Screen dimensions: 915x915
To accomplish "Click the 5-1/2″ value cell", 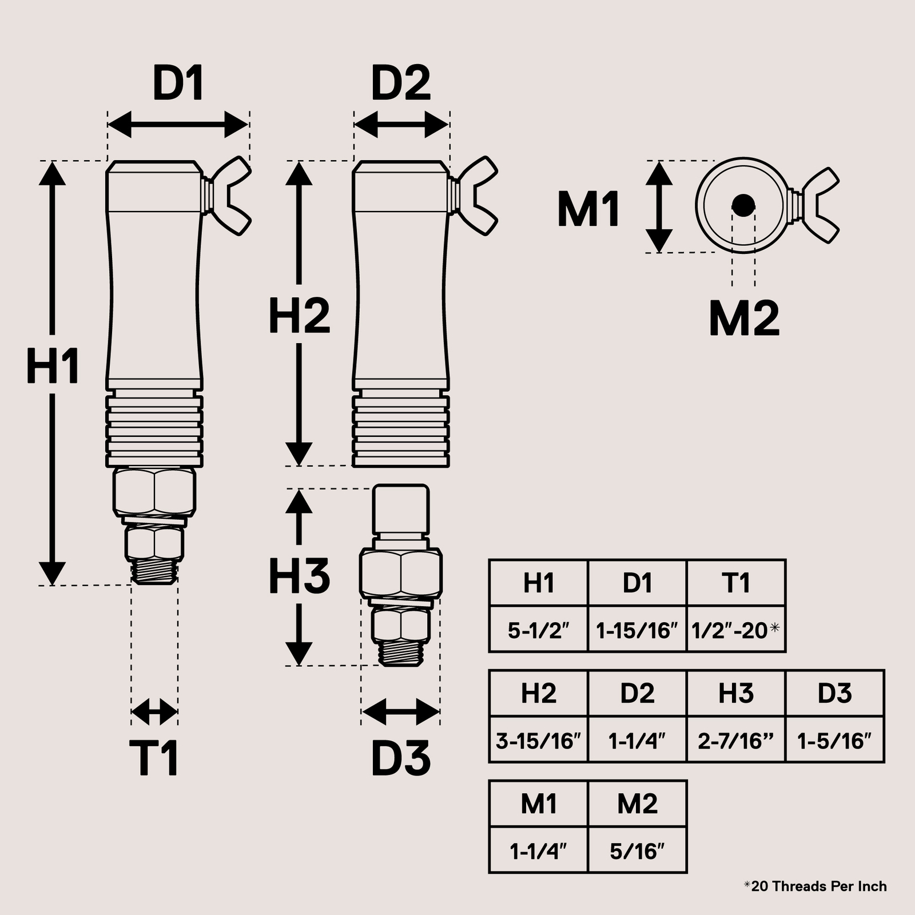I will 539,630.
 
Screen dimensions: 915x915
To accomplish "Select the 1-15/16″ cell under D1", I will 637,630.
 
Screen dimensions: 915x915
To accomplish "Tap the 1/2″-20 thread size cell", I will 735,630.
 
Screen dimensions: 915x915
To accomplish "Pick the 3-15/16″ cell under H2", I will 539,741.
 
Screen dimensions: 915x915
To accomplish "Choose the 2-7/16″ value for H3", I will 735,741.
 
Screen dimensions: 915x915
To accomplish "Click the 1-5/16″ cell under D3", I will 835,741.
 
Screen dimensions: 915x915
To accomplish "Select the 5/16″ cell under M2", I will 637,851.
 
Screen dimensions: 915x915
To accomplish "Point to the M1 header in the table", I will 539,804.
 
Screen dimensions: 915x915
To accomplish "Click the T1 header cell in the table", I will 735,583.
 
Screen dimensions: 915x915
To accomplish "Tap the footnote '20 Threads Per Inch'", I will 818,886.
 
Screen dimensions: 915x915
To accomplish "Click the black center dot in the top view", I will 743,205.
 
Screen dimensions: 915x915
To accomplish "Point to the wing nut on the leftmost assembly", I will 229,196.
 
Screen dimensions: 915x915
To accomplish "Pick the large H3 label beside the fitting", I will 299,575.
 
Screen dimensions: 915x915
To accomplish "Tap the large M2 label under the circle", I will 744,319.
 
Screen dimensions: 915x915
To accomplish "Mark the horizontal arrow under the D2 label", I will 401,124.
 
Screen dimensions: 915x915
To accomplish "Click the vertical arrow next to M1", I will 659,206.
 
